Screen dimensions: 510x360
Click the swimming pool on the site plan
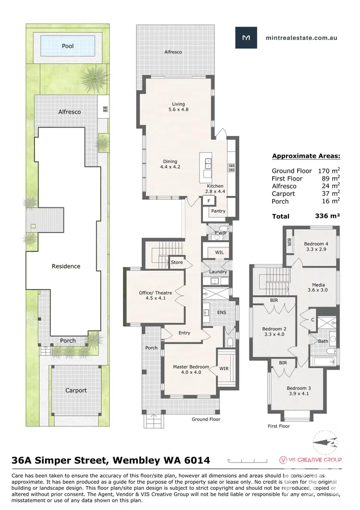click(x=68, y=47)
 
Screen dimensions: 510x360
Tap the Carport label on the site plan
click(x=76, y=390)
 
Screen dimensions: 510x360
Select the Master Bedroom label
click(x=191, y=367)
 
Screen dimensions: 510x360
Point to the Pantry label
click(x=218, y=211)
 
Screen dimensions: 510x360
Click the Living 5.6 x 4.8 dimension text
click(x=178, y=109)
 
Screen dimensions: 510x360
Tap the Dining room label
click(x=169, y=161)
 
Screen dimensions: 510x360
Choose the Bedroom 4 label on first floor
click(x=315, y=244)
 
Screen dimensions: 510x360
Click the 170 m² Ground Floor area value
click(x=329, y=170)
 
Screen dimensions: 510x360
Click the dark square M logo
click(x=246, y=37)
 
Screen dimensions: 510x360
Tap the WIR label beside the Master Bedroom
click(x=224, y=369)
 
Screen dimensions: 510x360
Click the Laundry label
click(x=218, y=272)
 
